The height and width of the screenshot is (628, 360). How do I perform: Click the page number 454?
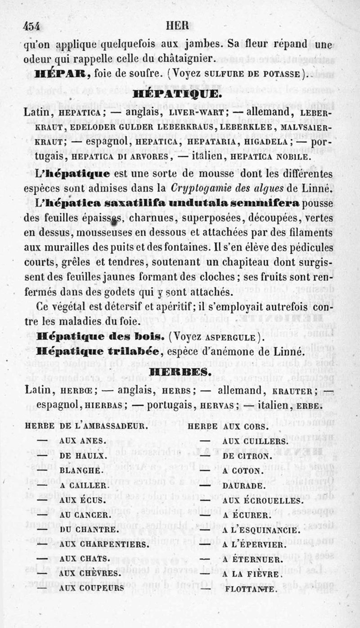[x=31, y=26]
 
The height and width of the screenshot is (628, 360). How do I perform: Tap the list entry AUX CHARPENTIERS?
[x=104, y=544]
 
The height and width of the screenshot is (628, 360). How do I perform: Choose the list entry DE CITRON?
[x=247, y=456]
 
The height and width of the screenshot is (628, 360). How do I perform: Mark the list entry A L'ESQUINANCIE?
[x=258, y=529]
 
